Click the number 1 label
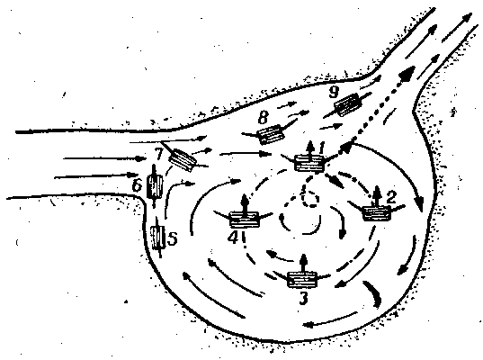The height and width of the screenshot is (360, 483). [322, 148]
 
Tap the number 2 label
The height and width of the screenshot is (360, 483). [390, 197]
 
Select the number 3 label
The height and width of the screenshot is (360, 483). [303, 298]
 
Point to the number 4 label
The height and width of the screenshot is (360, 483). [234, 237]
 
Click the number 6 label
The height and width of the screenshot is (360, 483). [137, 185]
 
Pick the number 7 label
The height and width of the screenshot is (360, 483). [159, 154]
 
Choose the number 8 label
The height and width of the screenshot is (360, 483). [264, 117]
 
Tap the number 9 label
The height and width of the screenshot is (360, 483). [334, 92]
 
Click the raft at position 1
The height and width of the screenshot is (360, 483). [309, 163]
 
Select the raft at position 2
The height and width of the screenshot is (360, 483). [377, 213]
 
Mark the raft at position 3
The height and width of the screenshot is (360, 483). [302, 280]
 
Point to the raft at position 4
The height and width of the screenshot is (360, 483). [245, 220]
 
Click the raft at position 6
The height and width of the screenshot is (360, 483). [155, 187]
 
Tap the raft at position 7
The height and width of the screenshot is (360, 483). [182, 159]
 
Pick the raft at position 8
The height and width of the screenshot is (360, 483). [271, 134]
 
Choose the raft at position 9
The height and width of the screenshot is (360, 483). [347, 104]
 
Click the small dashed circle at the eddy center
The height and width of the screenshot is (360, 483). [309, 198]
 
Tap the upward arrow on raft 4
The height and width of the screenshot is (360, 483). [245, 203]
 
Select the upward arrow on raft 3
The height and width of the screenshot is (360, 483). [304, 264]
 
